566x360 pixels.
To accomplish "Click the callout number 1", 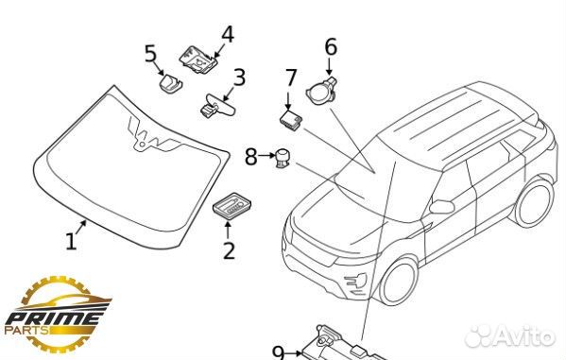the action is tap(71, 242).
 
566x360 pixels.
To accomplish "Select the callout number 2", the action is tap(229, 250).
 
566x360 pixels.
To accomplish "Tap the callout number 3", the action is tap(239, 77).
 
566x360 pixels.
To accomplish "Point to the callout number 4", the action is tap(228, 34).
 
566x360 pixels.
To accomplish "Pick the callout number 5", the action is tap(151, 54).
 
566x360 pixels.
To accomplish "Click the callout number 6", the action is tap(331, 47).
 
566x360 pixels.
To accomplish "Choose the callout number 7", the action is tap(291, 77).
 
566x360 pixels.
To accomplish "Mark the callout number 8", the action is tap(251, 157).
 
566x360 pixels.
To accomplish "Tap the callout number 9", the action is tap(279, 352).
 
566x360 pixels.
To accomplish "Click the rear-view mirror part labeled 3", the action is tap(217, 106).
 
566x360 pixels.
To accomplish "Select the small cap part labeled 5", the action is tap(170, 83).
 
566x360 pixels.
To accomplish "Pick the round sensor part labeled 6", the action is tap(321, 91).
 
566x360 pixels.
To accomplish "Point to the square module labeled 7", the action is tap(291, 121).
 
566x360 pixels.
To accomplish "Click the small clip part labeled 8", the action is tap(282, 158).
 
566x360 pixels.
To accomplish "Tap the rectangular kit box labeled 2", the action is tap(232, 206).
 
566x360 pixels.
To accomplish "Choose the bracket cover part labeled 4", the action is tap(198, 59).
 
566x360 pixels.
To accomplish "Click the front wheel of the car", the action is tap(398, 282).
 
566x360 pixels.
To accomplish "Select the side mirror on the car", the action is tap(442, 206).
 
